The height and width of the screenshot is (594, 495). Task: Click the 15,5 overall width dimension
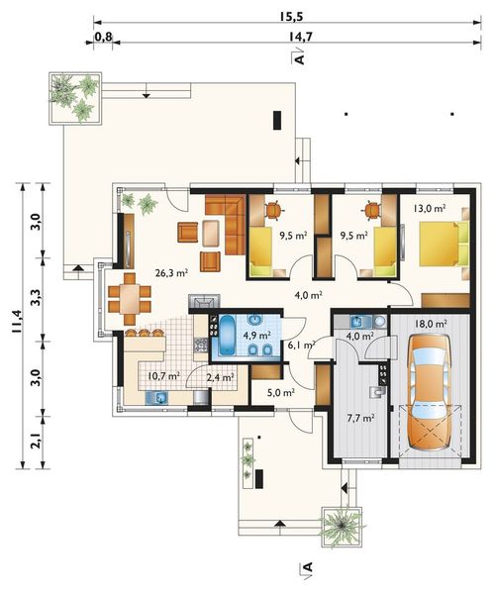292,16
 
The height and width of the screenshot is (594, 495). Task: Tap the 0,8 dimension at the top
103,37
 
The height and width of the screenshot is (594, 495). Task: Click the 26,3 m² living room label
172,273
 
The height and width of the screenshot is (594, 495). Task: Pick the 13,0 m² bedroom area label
429,208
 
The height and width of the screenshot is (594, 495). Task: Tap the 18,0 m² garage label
431,324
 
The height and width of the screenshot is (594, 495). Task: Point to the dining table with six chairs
130,299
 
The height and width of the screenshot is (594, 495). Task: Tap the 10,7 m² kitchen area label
163,376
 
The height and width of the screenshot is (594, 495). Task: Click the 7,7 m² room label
361,418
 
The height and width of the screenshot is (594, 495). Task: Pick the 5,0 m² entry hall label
281,393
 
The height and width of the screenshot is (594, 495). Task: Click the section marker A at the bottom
308,566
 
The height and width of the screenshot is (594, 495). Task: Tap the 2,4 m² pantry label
220,377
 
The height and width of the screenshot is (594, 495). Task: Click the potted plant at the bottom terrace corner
342,526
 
